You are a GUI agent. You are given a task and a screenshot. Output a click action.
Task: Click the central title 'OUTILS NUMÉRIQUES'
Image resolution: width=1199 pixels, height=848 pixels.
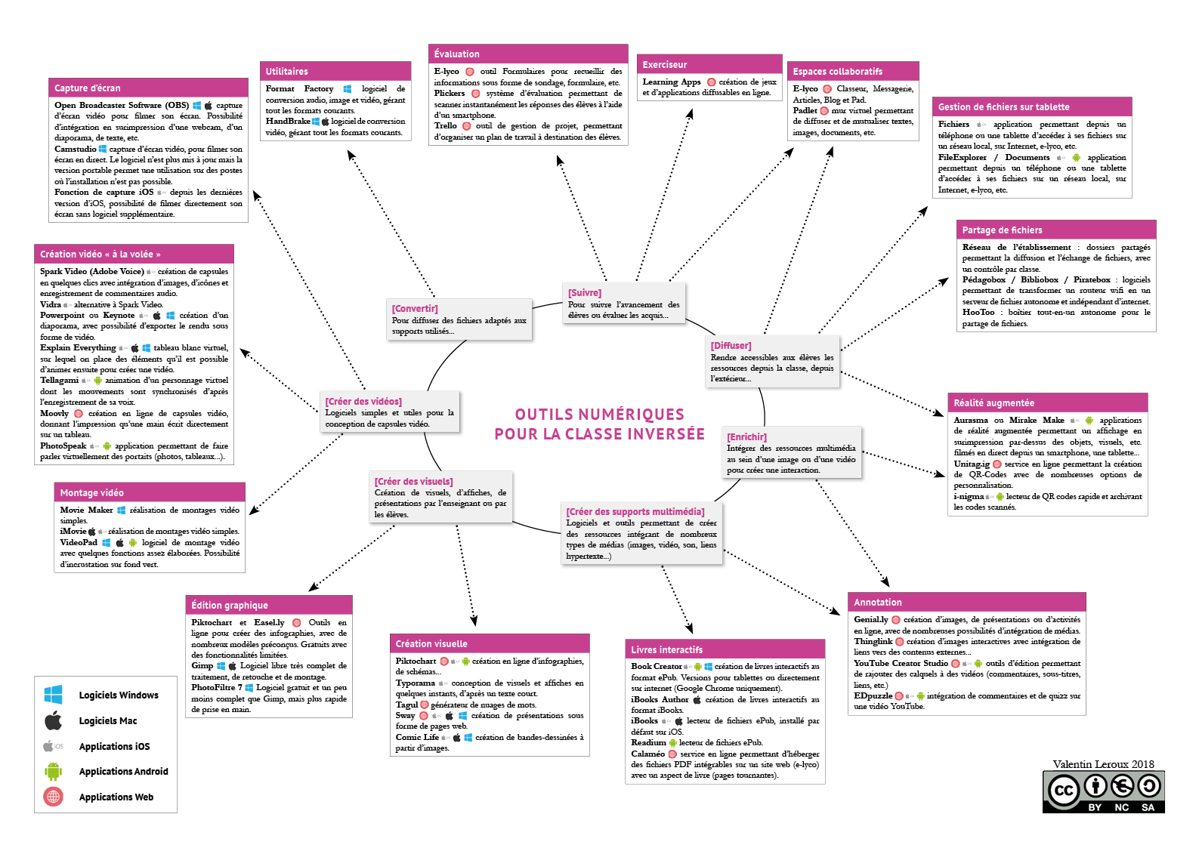[599, 415]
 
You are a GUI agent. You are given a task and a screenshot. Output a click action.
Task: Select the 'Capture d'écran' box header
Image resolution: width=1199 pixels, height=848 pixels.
[88, 88]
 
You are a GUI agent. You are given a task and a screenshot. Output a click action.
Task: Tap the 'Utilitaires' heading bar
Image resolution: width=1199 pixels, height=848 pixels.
[287, 72]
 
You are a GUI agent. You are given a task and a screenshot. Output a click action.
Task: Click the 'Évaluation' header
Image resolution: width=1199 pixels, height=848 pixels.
[457, 54]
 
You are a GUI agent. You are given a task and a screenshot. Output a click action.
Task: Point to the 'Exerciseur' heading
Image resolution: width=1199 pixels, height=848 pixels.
[665, 65]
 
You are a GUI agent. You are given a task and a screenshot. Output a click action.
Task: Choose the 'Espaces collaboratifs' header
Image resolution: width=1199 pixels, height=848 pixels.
[837, 72]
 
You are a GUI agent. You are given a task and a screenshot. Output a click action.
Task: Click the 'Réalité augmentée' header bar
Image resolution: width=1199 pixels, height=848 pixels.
[994, 403]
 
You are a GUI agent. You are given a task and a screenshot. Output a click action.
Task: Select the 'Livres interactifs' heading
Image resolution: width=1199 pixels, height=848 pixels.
[667, 650]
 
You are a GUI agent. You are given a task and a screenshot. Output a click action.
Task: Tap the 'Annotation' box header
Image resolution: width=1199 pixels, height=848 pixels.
[878, 603]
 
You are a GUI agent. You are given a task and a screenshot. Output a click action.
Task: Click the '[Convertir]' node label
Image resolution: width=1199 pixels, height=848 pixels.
[415, 309]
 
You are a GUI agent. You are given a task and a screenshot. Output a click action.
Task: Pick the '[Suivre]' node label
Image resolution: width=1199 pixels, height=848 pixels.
[585, 293]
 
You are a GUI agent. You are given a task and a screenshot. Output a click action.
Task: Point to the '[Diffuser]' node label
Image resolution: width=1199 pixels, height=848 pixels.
[731, 346]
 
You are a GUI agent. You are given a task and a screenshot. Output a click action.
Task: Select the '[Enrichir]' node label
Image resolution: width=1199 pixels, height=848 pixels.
[746, 437]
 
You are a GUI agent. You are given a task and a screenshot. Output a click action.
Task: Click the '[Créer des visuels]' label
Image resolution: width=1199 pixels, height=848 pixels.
[414, 482]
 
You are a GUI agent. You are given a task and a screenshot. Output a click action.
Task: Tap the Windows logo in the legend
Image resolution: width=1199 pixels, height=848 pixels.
[54, 695]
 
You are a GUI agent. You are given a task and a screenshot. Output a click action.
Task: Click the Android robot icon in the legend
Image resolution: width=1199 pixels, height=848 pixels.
[53, 771]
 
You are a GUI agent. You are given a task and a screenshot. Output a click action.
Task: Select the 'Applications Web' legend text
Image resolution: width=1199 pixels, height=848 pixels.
[116, 797]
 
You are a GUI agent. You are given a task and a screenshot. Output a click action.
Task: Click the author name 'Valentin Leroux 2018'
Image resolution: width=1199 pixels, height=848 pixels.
[1103, 764]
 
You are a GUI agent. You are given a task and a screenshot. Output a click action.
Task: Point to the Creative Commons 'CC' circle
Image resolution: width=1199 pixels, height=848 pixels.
[1064, 791]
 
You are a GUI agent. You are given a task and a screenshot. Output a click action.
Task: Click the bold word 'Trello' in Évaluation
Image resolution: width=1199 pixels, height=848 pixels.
[445, 126]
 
